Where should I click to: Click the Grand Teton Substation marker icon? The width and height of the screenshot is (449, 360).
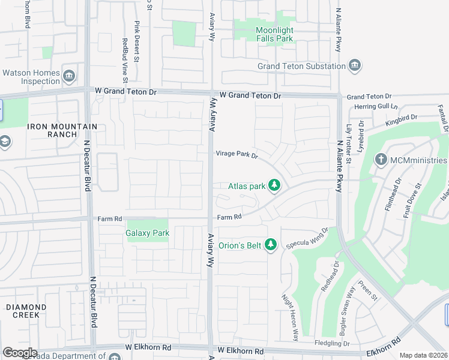pyautogui.click(x=354, y=65)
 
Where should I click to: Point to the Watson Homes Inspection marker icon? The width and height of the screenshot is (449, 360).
pyautogui.click(x=69, y=75)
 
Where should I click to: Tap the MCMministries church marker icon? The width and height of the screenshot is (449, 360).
pyautogui.click(x=380, y=160)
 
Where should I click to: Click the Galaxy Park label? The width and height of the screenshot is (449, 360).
pyautogui.click(x=147, y=233)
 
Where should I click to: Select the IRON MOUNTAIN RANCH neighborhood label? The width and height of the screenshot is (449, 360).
pyautogui.click(x=53, y=130)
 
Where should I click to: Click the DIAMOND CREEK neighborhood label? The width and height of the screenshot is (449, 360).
pyautogui.click(x=22, y=311)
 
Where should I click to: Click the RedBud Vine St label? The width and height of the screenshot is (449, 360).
pyautogui.click(x=125, y=60)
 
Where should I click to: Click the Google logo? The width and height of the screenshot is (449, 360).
pyautogui.click(x=20, y=353)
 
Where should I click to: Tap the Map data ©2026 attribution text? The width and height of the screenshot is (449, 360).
pyautogui.click(x=423, y=355)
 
